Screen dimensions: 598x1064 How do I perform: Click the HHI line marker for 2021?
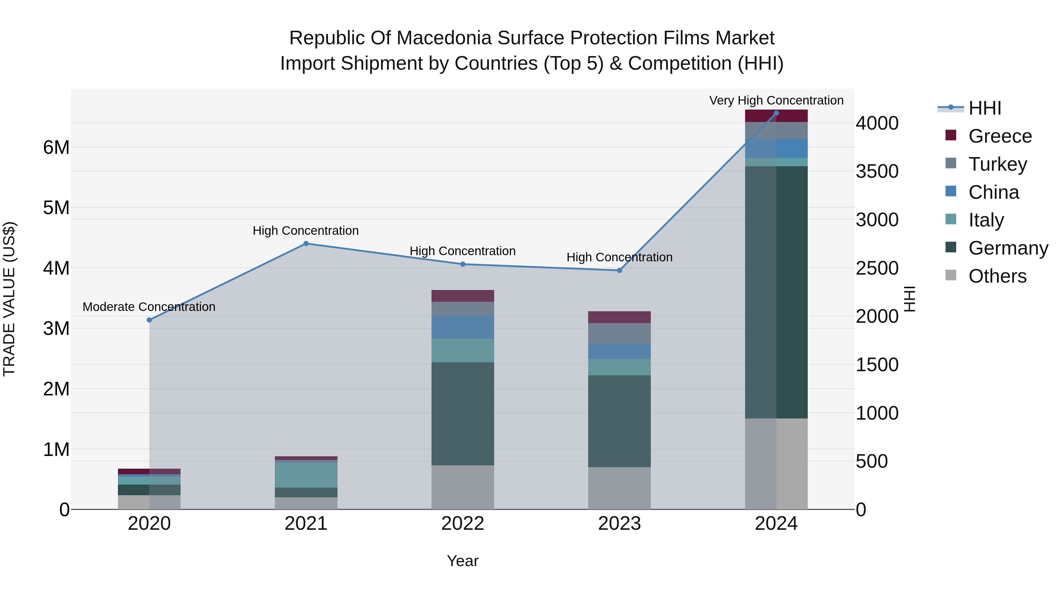tap(306, 244)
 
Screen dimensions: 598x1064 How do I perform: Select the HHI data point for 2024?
tap(776, 113)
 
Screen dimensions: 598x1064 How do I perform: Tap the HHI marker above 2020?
tap(150, 320)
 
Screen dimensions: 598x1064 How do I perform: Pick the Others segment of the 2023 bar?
tap(619, 488)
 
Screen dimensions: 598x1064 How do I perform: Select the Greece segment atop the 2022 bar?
tap(463, 296)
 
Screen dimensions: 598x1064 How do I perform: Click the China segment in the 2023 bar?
tap(619, 352)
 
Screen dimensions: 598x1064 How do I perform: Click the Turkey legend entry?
tap(997, 164)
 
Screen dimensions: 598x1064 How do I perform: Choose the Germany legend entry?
tap(1008, 248)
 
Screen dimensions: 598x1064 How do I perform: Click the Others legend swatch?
tap(951, 275)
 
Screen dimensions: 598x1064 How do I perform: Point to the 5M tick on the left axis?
tap(56, 208)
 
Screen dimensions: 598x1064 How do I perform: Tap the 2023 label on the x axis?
tap(619, 523)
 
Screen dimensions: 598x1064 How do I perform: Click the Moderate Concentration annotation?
tap(149, 307)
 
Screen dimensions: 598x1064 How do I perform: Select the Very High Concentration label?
tap(776, 100)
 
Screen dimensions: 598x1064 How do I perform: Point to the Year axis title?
tap(463, 561)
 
